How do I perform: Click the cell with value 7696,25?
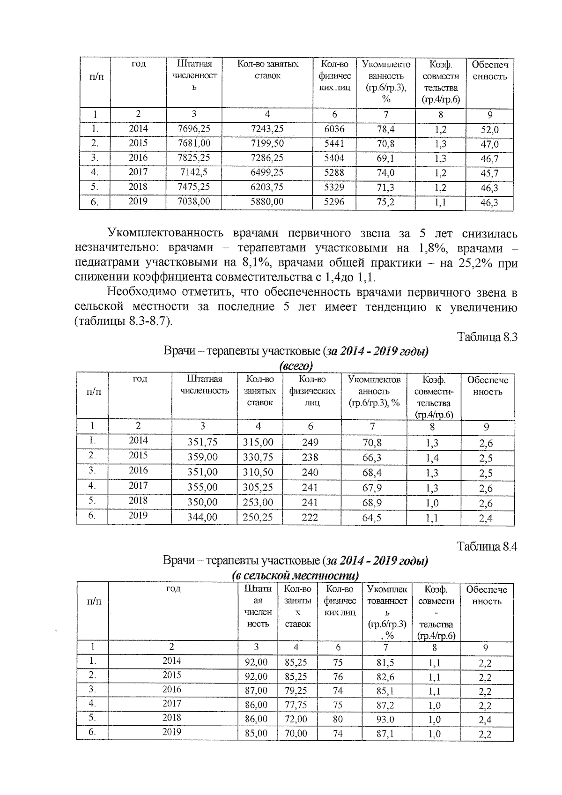[x=194, y=128]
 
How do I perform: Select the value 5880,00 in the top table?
[x=267, y=201]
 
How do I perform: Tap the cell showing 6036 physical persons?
[x=334, y=128]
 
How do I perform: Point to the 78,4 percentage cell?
[x=385, y=129]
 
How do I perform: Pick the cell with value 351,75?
[x=202, y=442]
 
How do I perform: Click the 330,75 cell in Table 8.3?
[x=258, y=457]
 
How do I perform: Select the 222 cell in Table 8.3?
[x=310, y=517]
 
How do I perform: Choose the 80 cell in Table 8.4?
[x=337, y=719]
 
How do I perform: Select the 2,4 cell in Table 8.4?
[x=485, y=720]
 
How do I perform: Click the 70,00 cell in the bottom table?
[x=296, y=733]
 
